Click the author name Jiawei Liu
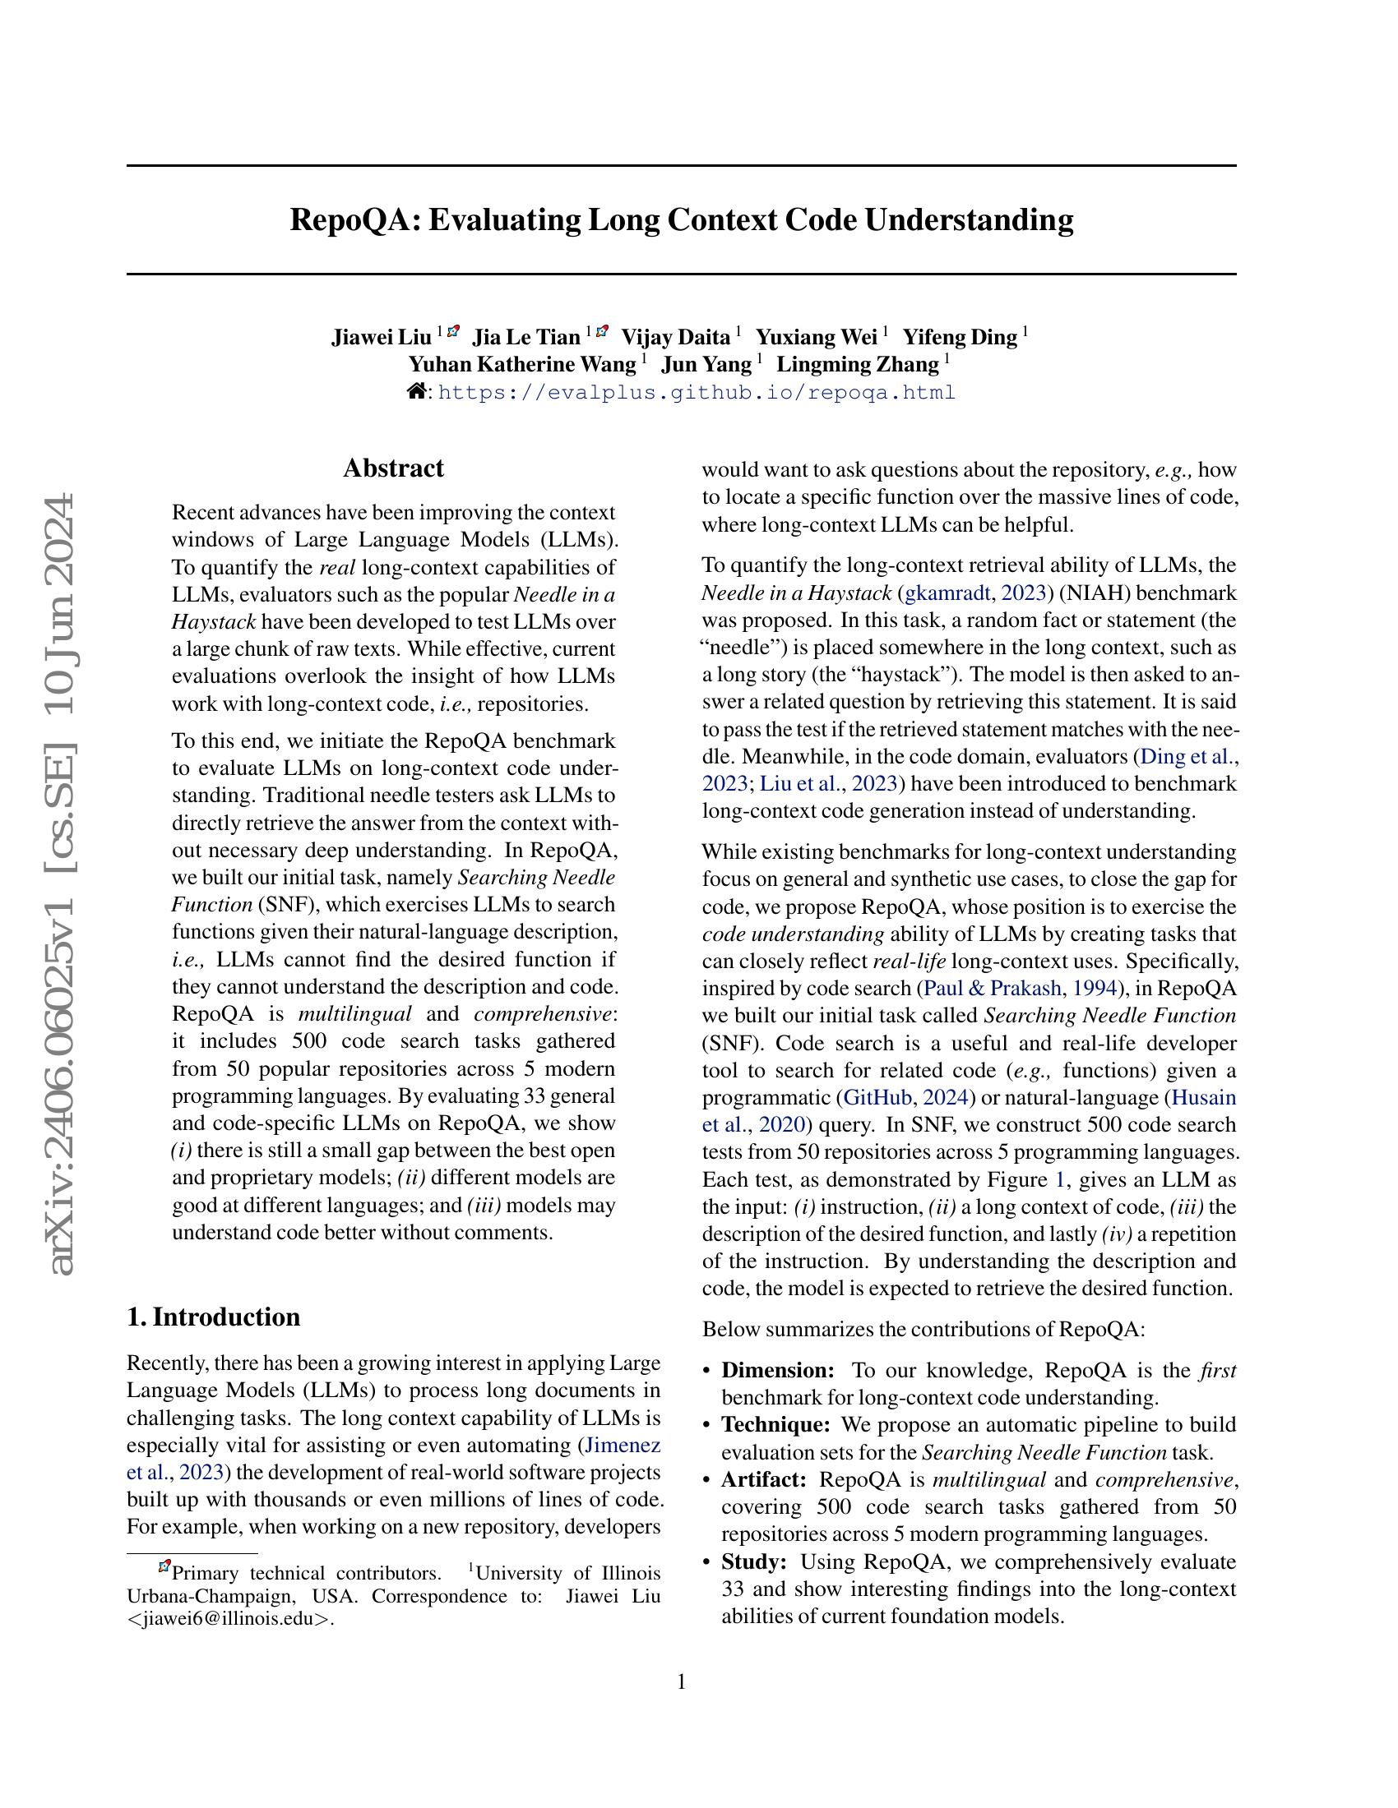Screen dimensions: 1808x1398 tap(381, 338)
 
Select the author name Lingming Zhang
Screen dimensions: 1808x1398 tap(857, 365)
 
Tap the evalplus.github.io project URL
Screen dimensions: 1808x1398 tap(696, 392)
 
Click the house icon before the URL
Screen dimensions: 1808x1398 tap(417, 391)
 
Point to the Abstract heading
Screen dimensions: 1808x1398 tap(393, 468)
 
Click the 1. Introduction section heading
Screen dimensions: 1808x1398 tap(214, 1317)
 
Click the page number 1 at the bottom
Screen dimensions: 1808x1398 tap(682, 1681)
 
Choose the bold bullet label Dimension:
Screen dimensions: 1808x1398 tap(778, 1371)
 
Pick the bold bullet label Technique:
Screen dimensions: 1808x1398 tap(775, 1426)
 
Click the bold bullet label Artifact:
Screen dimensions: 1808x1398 tap(764, 1480)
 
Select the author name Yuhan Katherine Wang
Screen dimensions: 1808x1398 tap(521, 365)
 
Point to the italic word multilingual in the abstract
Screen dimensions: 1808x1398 tap(354, 1015)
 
